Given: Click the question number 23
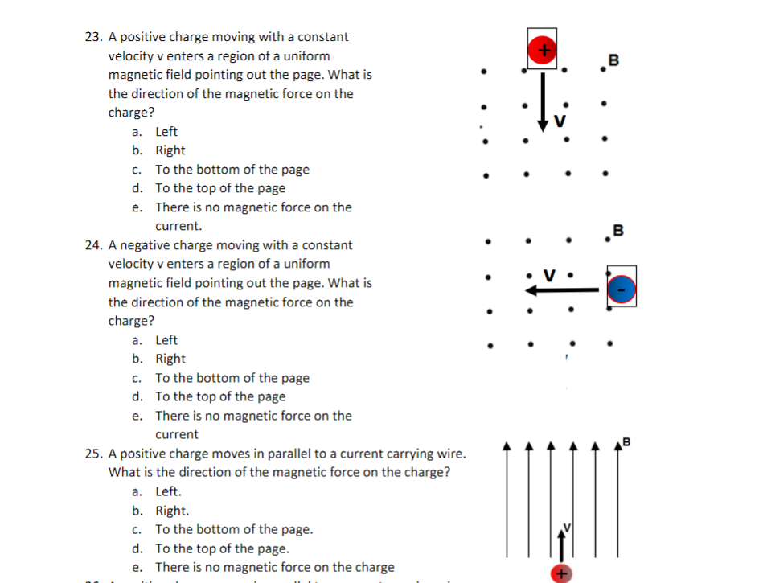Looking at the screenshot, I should (x=93, y=37).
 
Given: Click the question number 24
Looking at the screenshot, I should (x=93, y=245).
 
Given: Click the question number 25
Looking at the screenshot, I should (x=93, y=454).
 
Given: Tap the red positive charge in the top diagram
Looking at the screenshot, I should (x=543, y=50).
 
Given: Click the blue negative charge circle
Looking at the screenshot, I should (x=622, y=289).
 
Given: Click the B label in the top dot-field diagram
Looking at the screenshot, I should (x=614, y=59).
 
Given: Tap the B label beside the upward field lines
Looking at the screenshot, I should (x=626, y=441).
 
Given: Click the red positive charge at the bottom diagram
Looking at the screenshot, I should (x=561, y=573).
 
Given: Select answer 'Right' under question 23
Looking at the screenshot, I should (x=170, y=150).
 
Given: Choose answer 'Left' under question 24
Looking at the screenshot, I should (x=166, y=340).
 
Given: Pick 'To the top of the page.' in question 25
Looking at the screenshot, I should (x=222, y=548).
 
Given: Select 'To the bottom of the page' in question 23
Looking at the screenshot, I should (x=232, y=170).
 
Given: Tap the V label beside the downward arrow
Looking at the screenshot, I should (x=560, y=122).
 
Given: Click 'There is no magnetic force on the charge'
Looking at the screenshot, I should (x=274, y=568).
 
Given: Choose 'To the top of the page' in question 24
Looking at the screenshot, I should (x=219, y=397).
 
